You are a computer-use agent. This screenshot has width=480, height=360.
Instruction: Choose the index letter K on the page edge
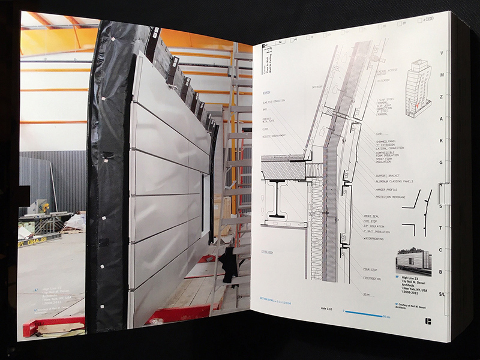coord(441,140)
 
